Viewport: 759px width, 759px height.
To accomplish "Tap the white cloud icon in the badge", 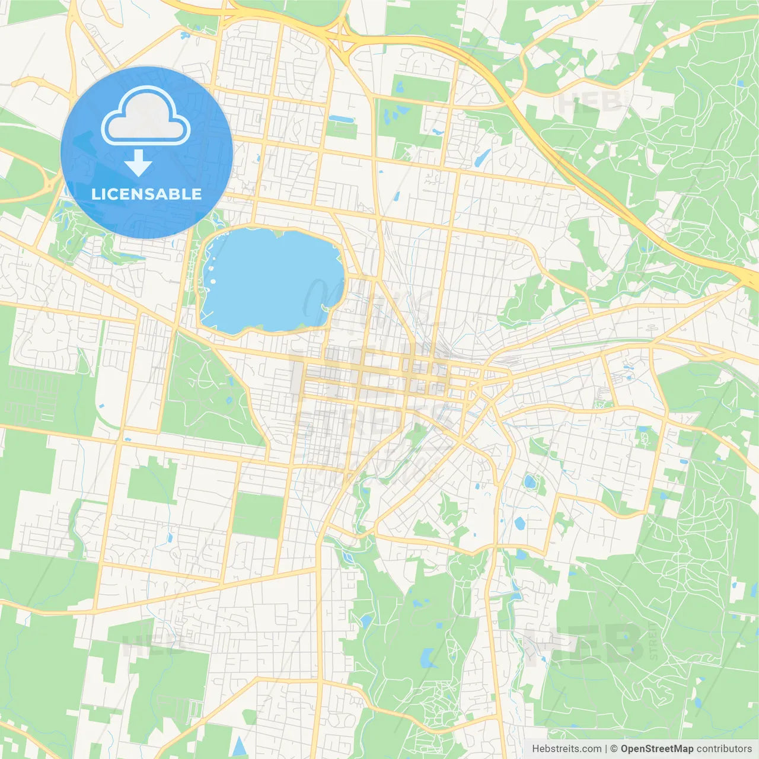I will tap(145, 117).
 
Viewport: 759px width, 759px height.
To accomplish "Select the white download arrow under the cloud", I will tap(138, 162).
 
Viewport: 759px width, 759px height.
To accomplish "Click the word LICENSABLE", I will tap(146, 194).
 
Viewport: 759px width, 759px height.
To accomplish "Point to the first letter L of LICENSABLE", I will tap(95, 194).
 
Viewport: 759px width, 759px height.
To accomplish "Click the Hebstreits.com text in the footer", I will tap(566, 749).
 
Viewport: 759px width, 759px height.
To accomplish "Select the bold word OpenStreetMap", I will tap(656, 749).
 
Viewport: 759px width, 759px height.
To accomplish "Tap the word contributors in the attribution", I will tap(724, 749).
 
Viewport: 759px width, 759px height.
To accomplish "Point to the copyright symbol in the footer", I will tap(614, 749).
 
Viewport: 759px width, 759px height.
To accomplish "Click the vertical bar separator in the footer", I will tap(606, 749).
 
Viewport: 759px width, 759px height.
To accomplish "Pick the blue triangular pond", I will tap(238, 746).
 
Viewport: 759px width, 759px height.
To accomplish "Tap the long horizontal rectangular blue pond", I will tap(341, 119).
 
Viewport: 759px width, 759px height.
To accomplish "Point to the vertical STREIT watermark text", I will tap(653, 641).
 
